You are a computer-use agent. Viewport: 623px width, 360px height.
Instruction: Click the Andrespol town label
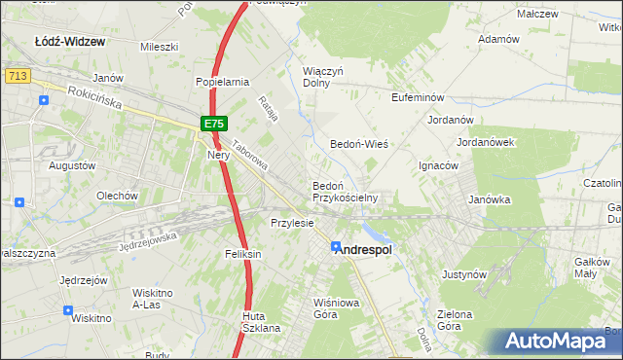(363, 250)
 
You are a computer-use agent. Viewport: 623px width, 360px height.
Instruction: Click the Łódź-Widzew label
(70, 42)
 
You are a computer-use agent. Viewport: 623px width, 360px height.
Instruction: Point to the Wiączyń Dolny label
(324, 77)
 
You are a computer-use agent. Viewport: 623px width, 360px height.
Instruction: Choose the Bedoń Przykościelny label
(344, 191)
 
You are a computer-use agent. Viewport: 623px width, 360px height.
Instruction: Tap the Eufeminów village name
(418, 98)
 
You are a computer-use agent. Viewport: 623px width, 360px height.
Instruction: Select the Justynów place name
(463, 274)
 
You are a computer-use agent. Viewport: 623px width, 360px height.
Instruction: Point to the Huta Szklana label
(261, 322)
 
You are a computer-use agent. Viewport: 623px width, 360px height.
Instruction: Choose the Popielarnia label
(223, 83)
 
